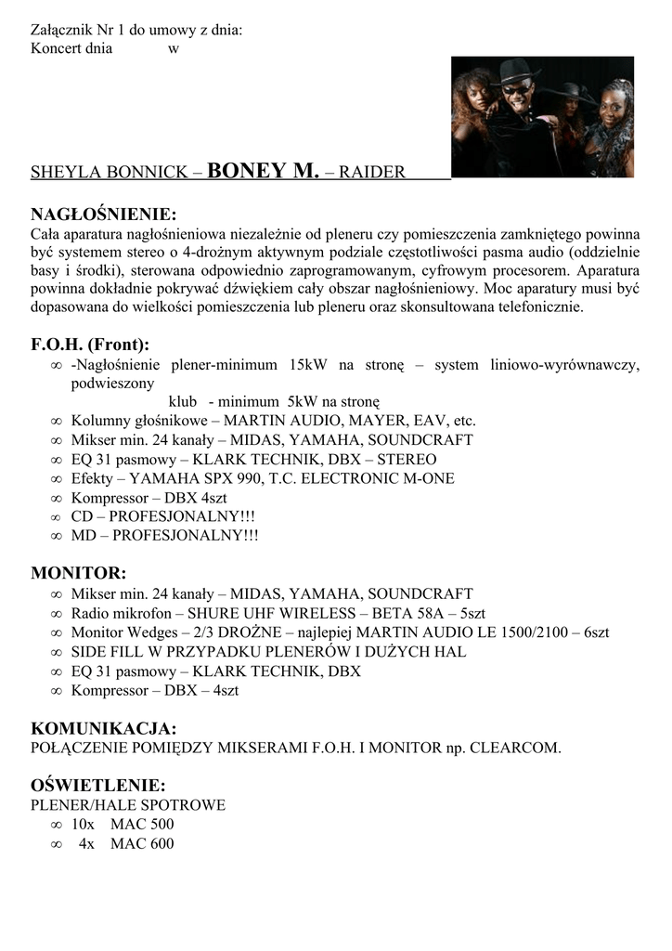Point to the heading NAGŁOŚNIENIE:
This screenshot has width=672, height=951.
(x=103, y=215)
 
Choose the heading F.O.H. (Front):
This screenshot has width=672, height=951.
(x=90, y=345)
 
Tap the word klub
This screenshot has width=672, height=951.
(x=183, y=402)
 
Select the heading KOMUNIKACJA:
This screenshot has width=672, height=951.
(x=103, y=727)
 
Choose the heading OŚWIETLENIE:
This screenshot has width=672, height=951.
(x=98, y=785)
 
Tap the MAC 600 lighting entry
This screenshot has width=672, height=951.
(x=142, y=843)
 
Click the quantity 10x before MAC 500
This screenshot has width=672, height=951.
(x=83, y=824)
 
